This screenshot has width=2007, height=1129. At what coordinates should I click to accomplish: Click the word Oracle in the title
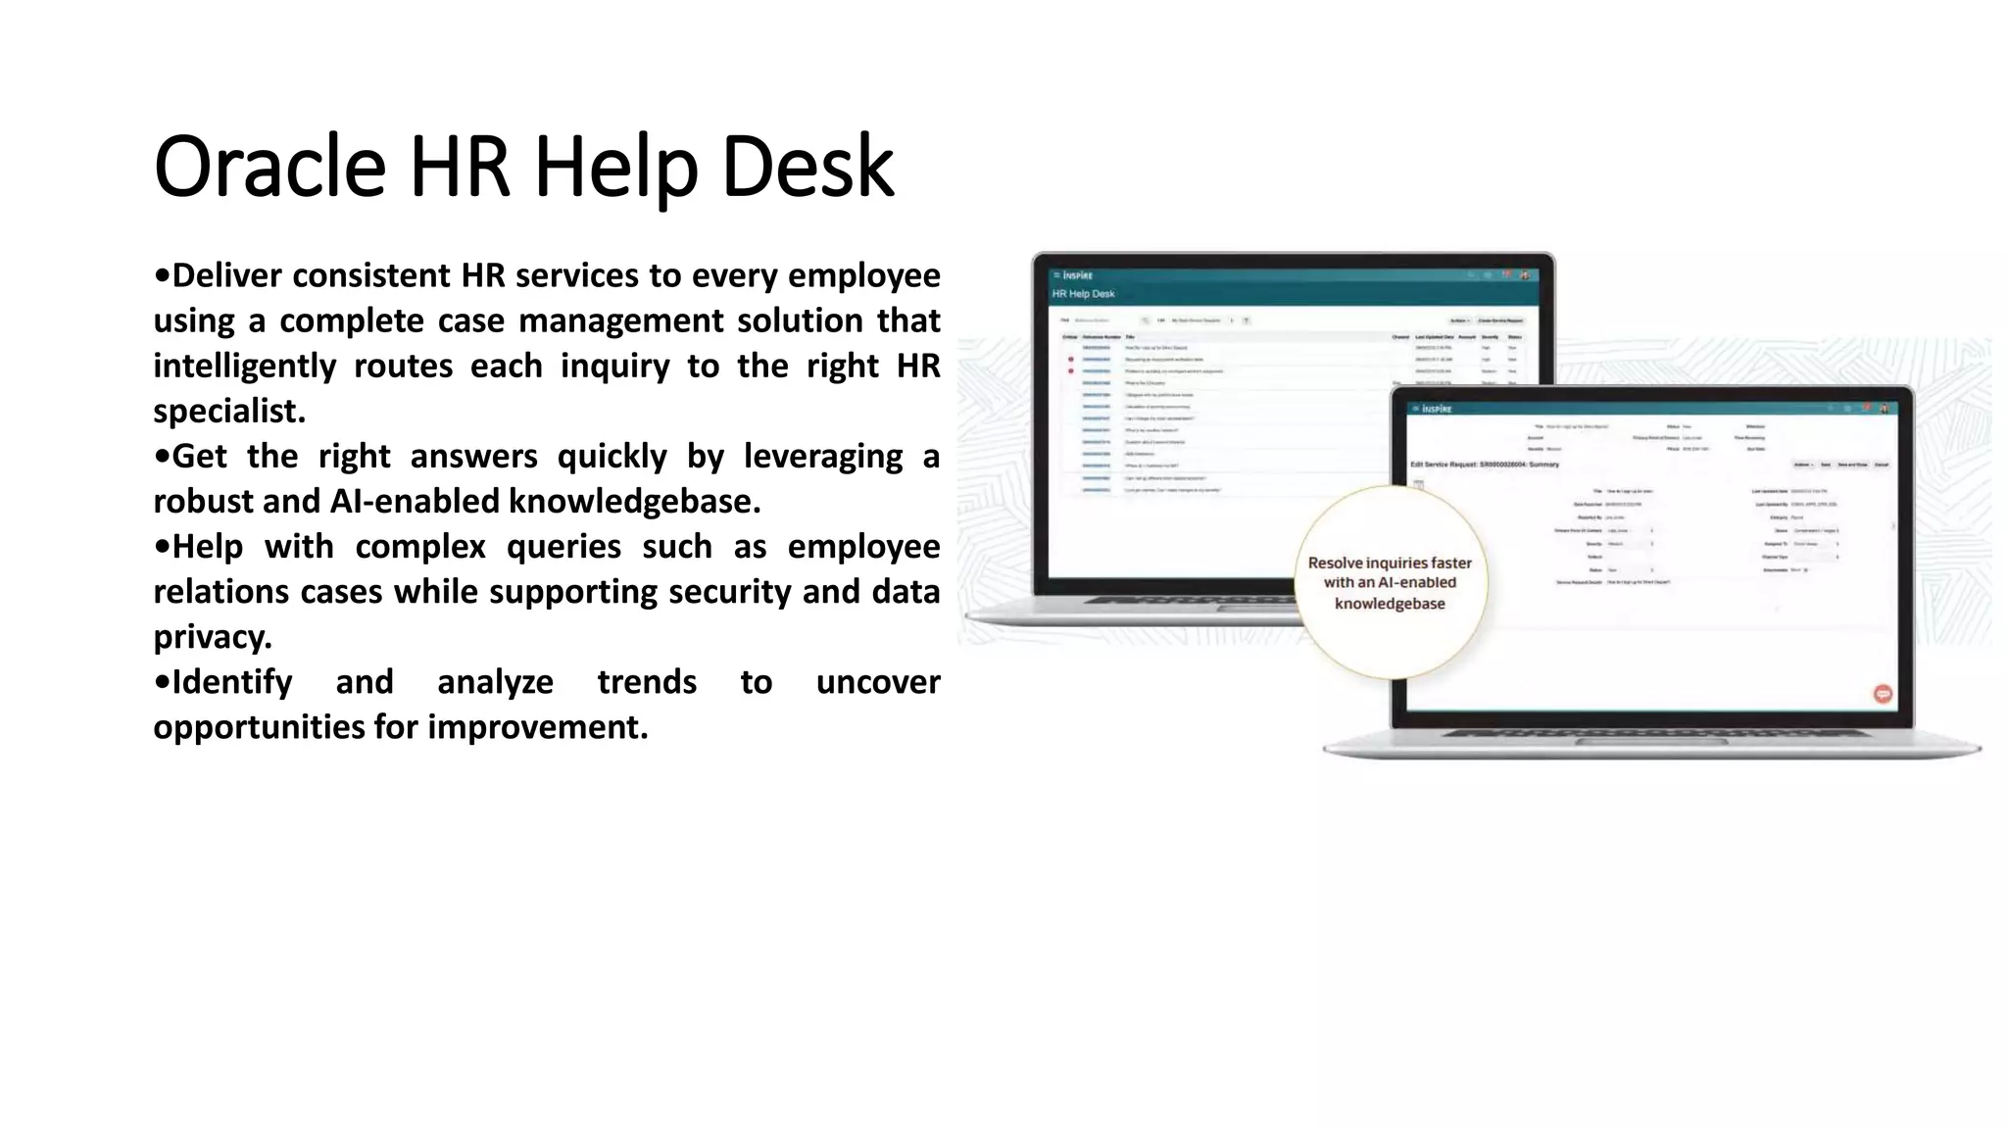[x=269, y=167]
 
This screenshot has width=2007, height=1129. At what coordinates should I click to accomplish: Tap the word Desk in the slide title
[x=808, y=167]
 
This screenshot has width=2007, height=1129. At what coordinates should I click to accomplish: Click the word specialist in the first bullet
[x=227, y=412]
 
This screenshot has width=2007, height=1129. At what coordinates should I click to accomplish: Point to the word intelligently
[x=244, y=366]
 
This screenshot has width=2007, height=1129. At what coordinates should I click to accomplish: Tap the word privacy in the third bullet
[x=210, y=637]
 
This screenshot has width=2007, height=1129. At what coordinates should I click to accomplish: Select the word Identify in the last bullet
[x=231, y=682]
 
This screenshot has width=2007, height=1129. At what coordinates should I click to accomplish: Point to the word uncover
[x=877, y=682]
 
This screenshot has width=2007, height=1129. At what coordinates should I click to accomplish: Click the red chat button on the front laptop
[x=1883, y=694]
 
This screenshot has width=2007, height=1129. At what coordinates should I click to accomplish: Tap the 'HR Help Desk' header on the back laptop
[x=1083, y=294]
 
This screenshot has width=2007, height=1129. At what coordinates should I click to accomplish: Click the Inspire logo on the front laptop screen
[x=1437, y=409]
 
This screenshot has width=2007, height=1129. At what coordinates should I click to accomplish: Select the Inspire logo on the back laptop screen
[x=1077, y=275]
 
